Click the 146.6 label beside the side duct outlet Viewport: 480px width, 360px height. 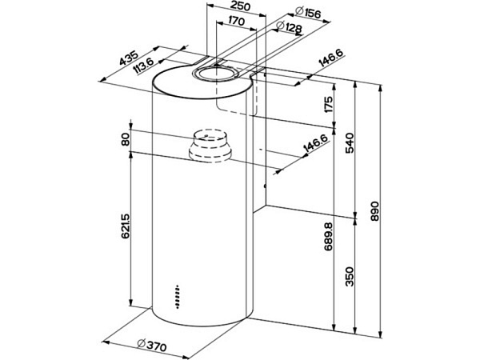(x=314, y=149)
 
